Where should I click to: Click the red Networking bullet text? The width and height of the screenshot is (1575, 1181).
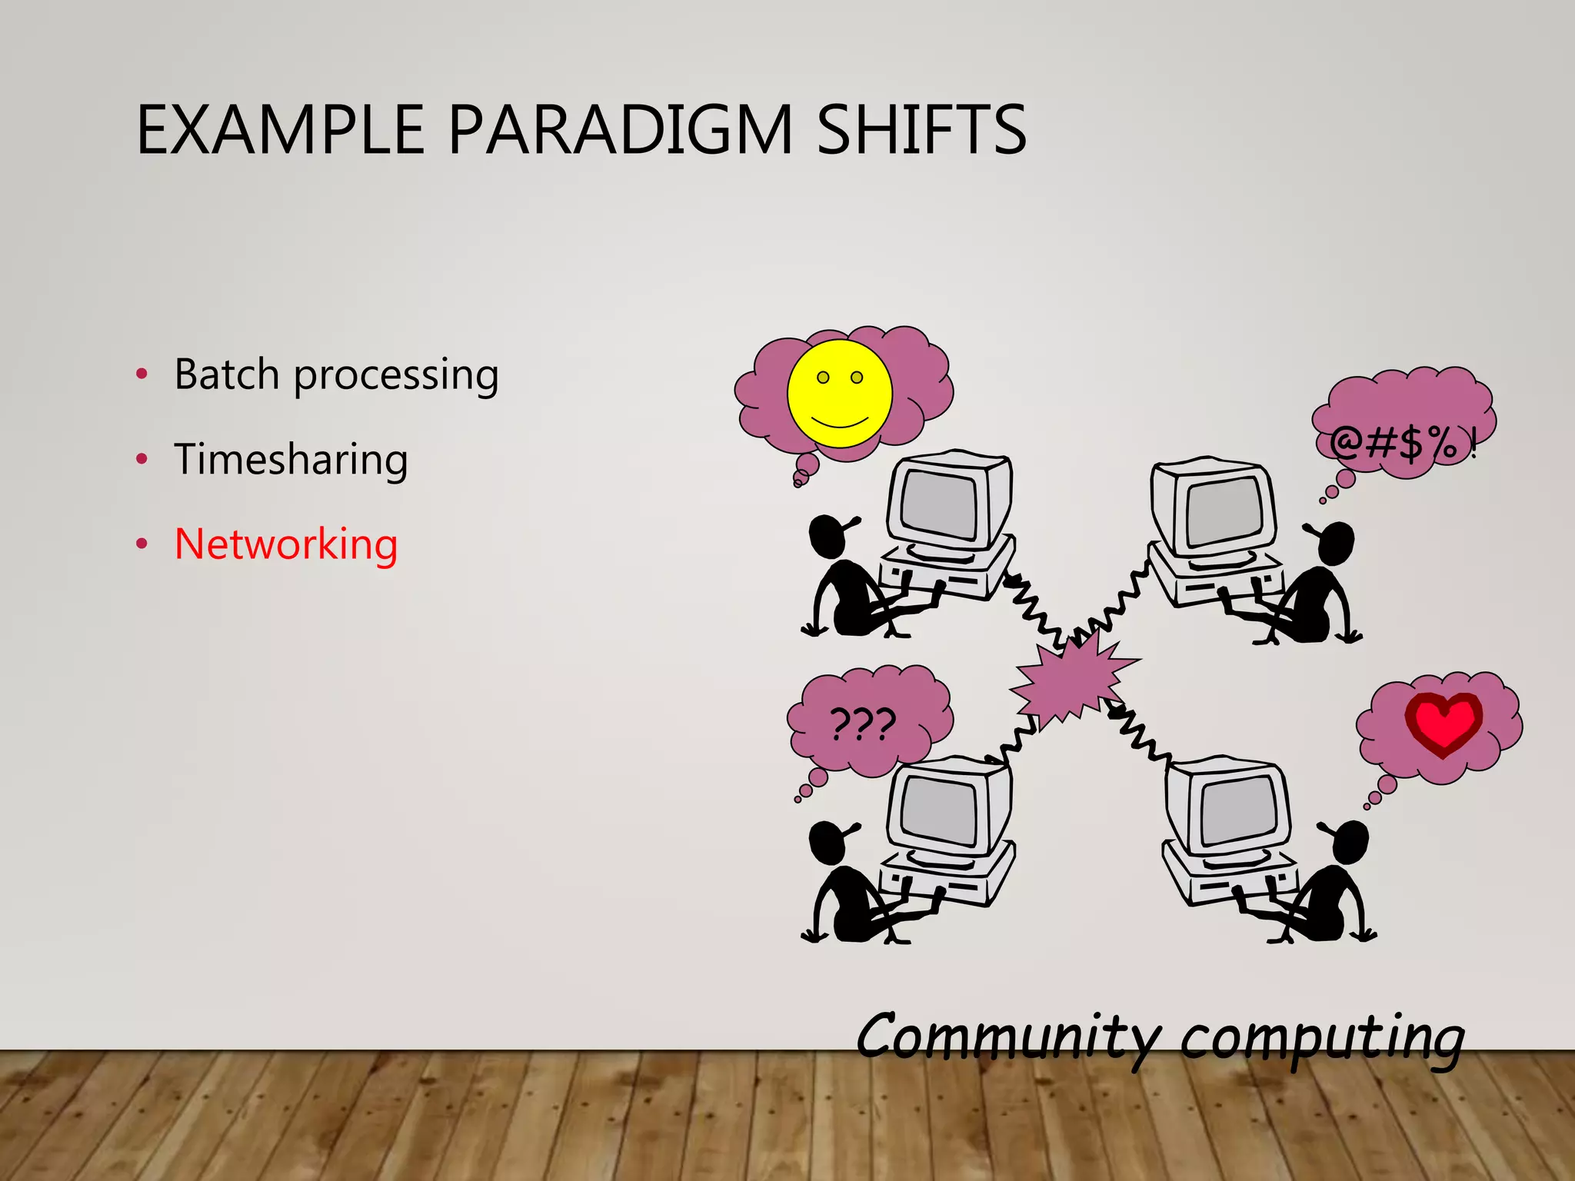pos(286,544)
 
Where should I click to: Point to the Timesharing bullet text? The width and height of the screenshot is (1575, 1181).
pos(291,460)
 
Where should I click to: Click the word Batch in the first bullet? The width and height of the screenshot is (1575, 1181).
pos(227,374)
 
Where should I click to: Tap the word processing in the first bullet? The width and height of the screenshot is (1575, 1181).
pos(396,377)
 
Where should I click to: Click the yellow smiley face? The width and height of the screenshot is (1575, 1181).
pos(840,394)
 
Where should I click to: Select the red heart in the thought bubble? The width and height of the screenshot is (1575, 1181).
pos(1443,723)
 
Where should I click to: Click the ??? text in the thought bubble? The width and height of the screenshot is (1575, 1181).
pos(863,724)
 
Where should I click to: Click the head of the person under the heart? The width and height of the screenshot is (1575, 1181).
pos(1350,843)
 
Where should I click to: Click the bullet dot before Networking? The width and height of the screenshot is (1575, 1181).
pos(142,544)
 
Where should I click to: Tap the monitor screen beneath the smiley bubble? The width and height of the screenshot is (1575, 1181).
pos(939,504)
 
